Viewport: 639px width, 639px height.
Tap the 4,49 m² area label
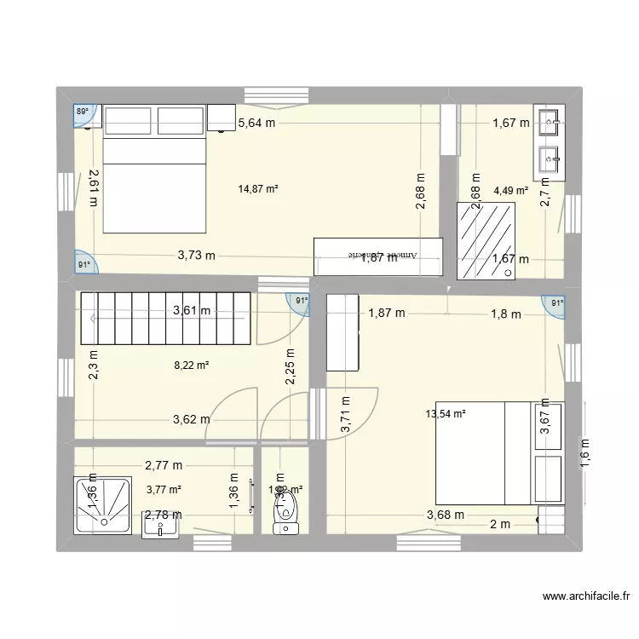[511, 191]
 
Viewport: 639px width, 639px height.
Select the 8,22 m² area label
[192, 365]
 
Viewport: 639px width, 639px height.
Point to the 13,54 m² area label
[446, 415]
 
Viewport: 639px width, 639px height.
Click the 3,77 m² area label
[164, 489]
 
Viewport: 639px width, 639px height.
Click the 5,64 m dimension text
[256, 124]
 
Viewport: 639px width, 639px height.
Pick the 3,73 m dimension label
[197, 255]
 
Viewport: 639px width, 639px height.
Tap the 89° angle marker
[82, 112]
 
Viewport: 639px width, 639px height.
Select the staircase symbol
[165, 316]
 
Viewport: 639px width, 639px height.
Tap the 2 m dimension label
[500, 525]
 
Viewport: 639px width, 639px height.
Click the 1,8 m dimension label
[504, 314]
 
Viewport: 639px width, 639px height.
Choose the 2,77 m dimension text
[164, 466]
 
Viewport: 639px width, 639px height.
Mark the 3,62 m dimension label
[192, 419]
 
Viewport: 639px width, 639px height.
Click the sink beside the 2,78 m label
[161, 526]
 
